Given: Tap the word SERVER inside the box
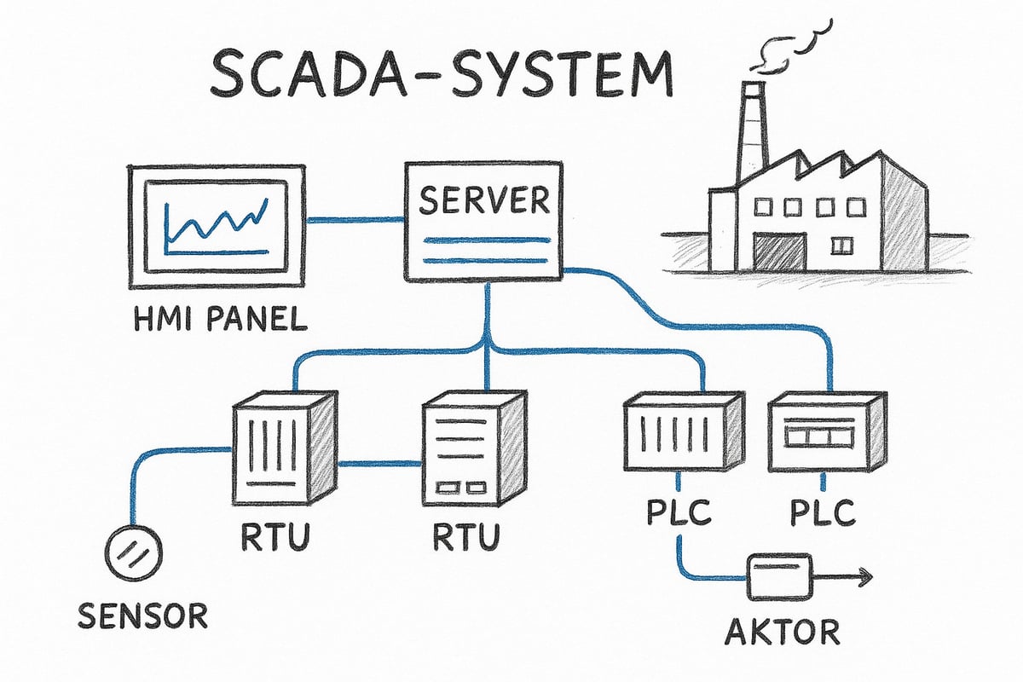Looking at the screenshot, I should pos(483,201).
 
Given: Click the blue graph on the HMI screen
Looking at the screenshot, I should pos(217,223).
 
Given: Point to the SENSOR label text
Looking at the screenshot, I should pos(142,615).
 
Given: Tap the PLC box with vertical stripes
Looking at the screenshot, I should pos(673,435).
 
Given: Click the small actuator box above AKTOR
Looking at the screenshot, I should pos(779,577).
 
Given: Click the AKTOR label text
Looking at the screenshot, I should pos(782,633).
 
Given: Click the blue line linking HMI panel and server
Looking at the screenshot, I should pos(354,221).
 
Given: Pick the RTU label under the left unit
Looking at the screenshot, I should pos(272,538).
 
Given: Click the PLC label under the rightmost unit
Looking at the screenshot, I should pos(819,514).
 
